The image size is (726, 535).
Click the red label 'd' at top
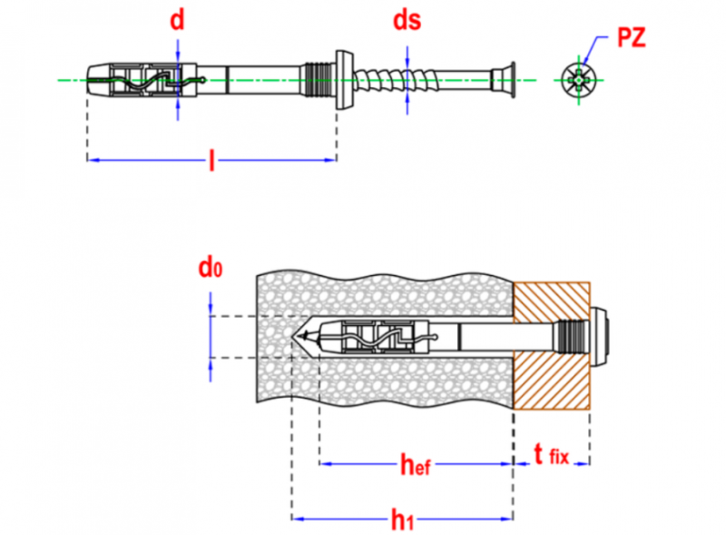pos(178,21)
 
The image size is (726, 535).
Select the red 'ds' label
pos(407,21)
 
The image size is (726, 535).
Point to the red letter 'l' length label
pos(211,162)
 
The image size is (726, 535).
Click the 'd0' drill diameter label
pos(210,268)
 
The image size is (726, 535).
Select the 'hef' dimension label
pos(415,466)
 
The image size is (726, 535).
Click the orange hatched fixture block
pos(553,372)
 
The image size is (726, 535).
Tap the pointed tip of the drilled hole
pos(299,338)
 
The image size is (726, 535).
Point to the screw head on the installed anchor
pos(602,337)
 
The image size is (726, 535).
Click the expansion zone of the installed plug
pos(377,337)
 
